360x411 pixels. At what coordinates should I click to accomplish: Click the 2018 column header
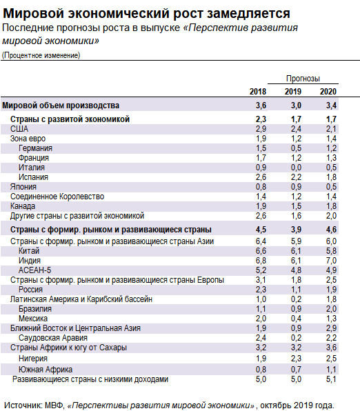(257, 92)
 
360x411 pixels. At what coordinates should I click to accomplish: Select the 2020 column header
(328, 92)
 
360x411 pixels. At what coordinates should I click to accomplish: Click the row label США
(19, 129)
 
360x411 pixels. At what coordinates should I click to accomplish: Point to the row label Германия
(36, 148)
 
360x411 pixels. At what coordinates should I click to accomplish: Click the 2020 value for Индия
(330, 261)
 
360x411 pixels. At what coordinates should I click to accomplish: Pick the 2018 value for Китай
(261, 251)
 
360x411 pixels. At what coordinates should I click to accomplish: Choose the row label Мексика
(33, 319)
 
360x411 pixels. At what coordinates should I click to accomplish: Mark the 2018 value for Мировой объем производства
(261, 106)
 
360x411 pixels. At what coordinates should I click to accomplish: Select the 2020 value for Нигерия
(330, 359)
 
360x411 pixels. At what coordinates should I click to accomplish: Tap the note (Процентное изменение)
(41, 55)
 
